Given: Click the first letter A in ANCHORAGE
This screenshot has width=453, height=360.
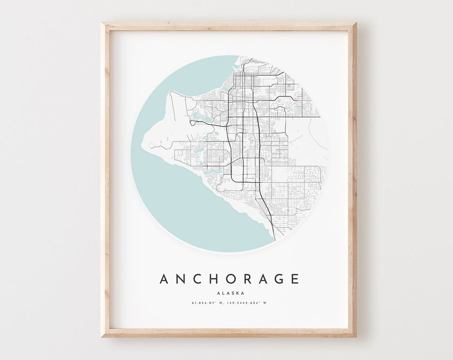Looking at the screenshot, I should (x=164, y=279).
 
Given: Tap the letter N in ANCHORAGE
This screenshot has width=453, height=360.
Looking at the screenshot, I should (x=181, y=279).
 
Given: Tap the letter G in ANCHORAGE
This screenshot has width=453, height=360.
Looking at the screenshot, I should (x=278, y=279).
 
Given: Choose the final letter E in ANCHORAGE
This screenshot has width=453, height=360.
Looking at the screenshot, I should (x=294, y=279).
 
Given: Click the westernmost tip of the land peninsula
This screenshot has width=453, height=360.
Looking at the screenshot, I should (x=141, y=145).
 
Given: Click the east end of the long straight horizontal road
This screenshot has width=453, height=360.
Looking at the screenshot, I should (x=319, y=117).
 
